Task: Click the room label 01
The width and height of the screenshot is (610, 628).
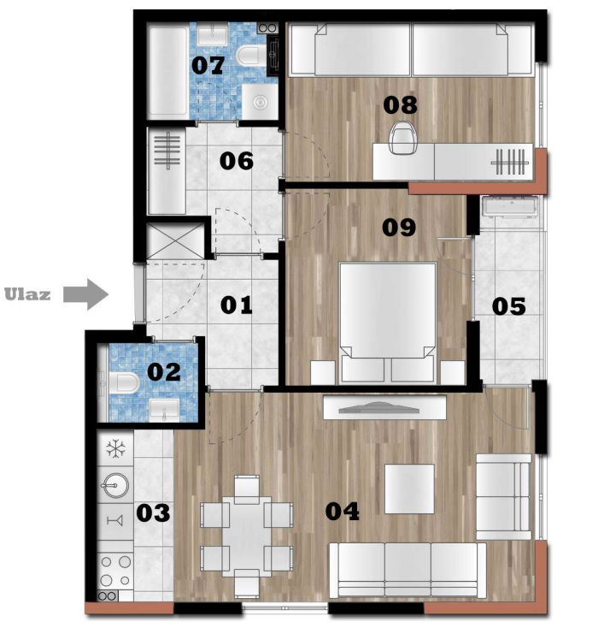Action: coord(236,305)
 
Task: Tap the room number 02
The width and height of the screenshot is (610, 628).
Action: coord(165,372)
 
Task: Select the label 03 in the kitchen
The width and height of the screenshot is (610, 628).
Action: coord(154,512)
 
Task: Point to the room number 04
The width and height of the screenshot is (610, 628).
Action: coord(343,511)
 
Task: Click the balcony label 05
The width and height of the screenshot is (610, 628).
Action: coord(508,305)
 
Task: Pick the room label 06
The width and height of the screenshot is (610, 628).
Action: coord(236,160)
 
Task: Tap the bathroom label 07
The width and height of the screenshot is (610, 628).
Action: coord(208,64)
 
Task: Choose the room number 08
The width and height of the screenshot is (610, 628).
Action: coord(400,104)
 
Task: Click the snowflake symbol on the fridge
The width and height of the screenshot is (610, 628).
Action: coord(114,447)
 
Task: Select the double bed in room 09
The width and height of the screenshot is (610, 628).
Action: coord(387,321)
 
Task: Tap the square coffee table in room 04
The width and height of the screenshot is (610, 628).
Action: coord(409,489)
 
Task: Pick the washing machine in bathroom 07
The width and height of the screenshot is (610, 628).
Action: coord(257,103)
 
